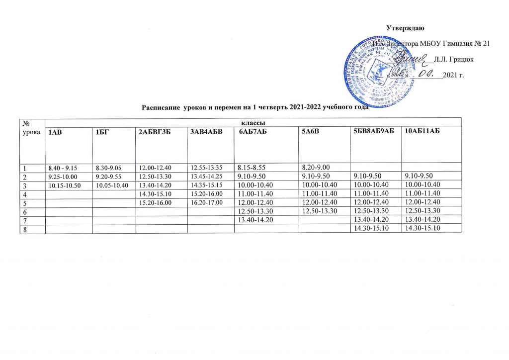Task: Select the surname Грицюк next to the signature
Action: click(x=453, y=59)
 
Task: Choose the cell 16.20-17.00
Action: click(x=204, y=202)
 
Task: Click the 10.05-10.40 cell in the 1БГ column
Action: click(x=108, y=185)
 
